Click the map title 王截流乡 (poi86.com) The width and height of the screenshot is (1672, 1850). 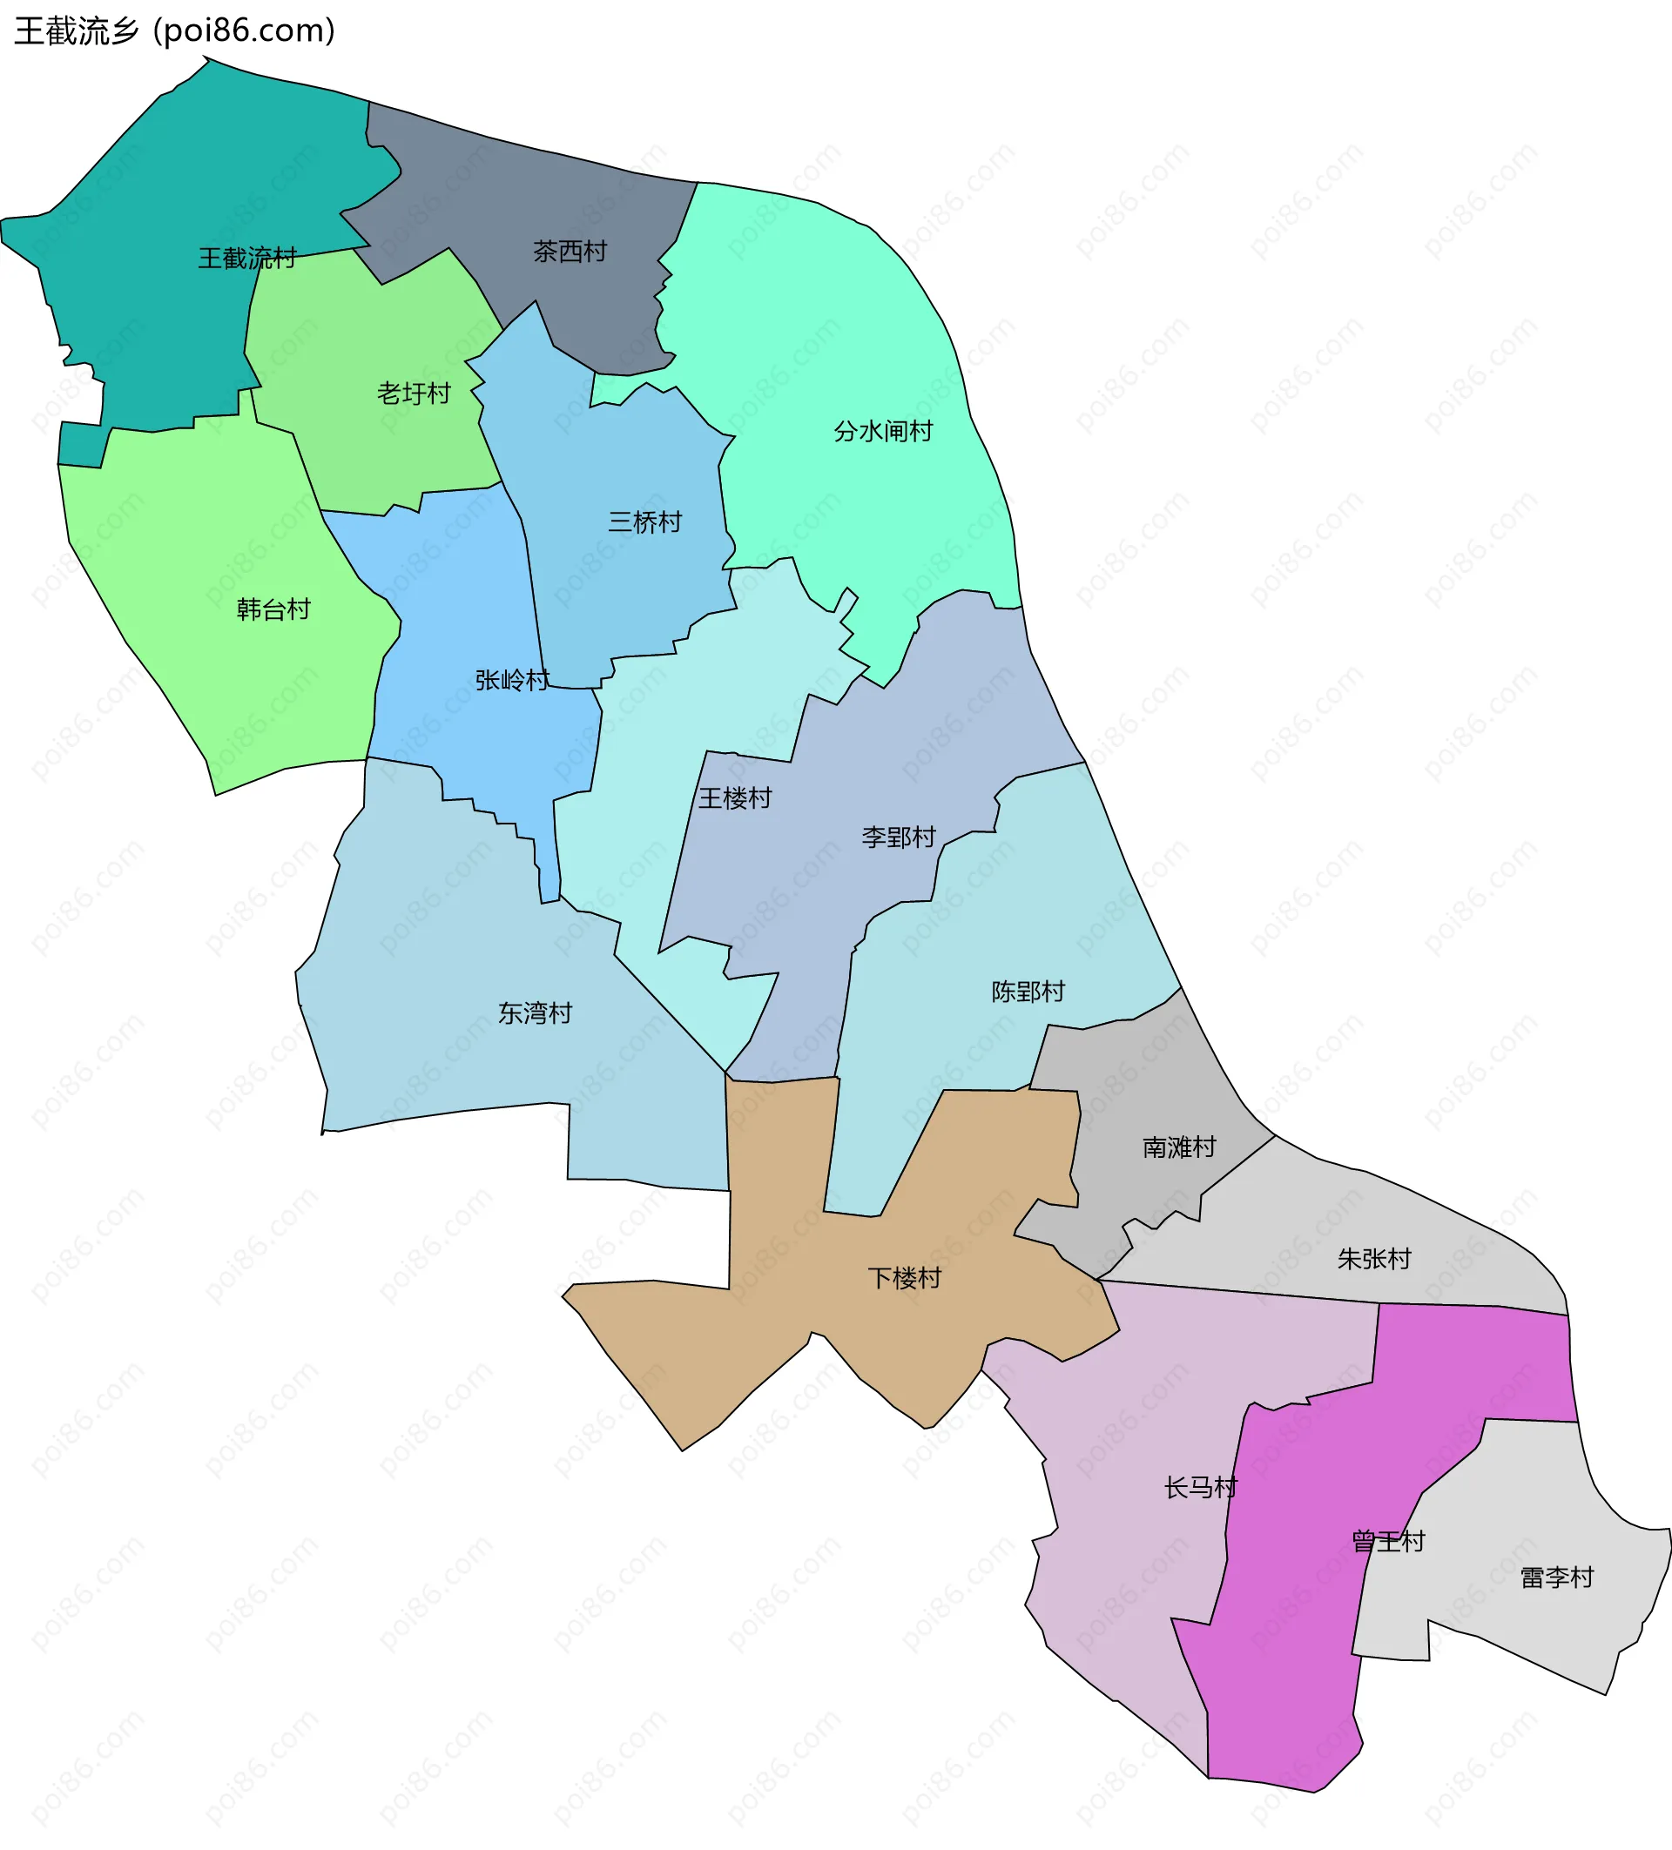tap(174, 31)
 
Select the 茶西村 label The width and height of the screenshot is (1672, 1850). tap(570, 252)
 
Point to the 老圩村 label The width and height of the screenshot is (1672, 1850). tap(414, 394)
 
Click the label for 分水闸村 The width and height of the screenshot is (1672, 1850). tap(883, 431)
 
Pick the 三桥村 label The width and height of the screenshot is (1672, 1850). tap(645, 523)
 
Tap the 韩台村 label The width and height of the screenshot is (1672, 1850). tap(273, 609)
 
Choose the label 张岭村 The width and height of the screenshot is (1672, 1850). tap(512, 680)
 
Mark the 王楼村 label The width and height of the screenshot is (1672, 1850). tap(735, 798)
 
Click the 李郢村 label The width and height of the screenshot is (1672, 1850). tap(899, 837)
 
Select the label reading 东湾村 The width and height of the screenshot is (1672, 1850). tap(535, 1013)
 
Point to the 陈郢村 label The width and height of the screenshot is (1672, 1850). tap(1028, 992)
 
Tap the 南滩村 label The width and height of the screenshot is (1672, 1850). tap(1179, 1147)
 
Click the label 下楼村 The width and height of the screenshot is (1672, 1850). tap(905, 1278)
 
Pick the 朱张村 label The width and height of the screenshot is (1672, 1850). tap(1374, 1259)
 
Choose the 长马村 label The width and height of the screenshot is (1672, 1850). tap(1200, 1488)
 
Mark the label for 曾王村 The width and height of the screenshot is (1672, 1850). tap(1388, 1542)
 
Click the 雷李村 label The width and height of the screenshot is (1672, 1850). tap(1557, 1578)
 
